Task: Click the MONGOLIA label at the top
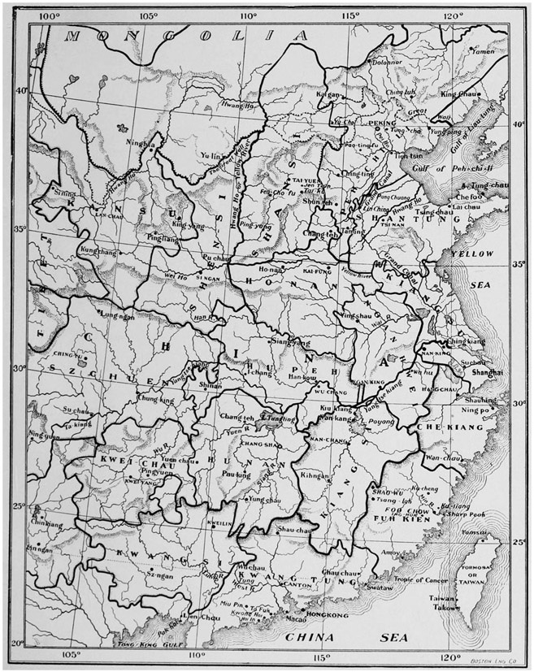[x=189, y=36]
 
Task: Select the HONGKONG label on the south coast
[x=328, y=615]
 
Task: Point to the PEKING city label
[x=382, y=124]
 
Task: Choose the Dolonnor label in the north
[x=386, y=61]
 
